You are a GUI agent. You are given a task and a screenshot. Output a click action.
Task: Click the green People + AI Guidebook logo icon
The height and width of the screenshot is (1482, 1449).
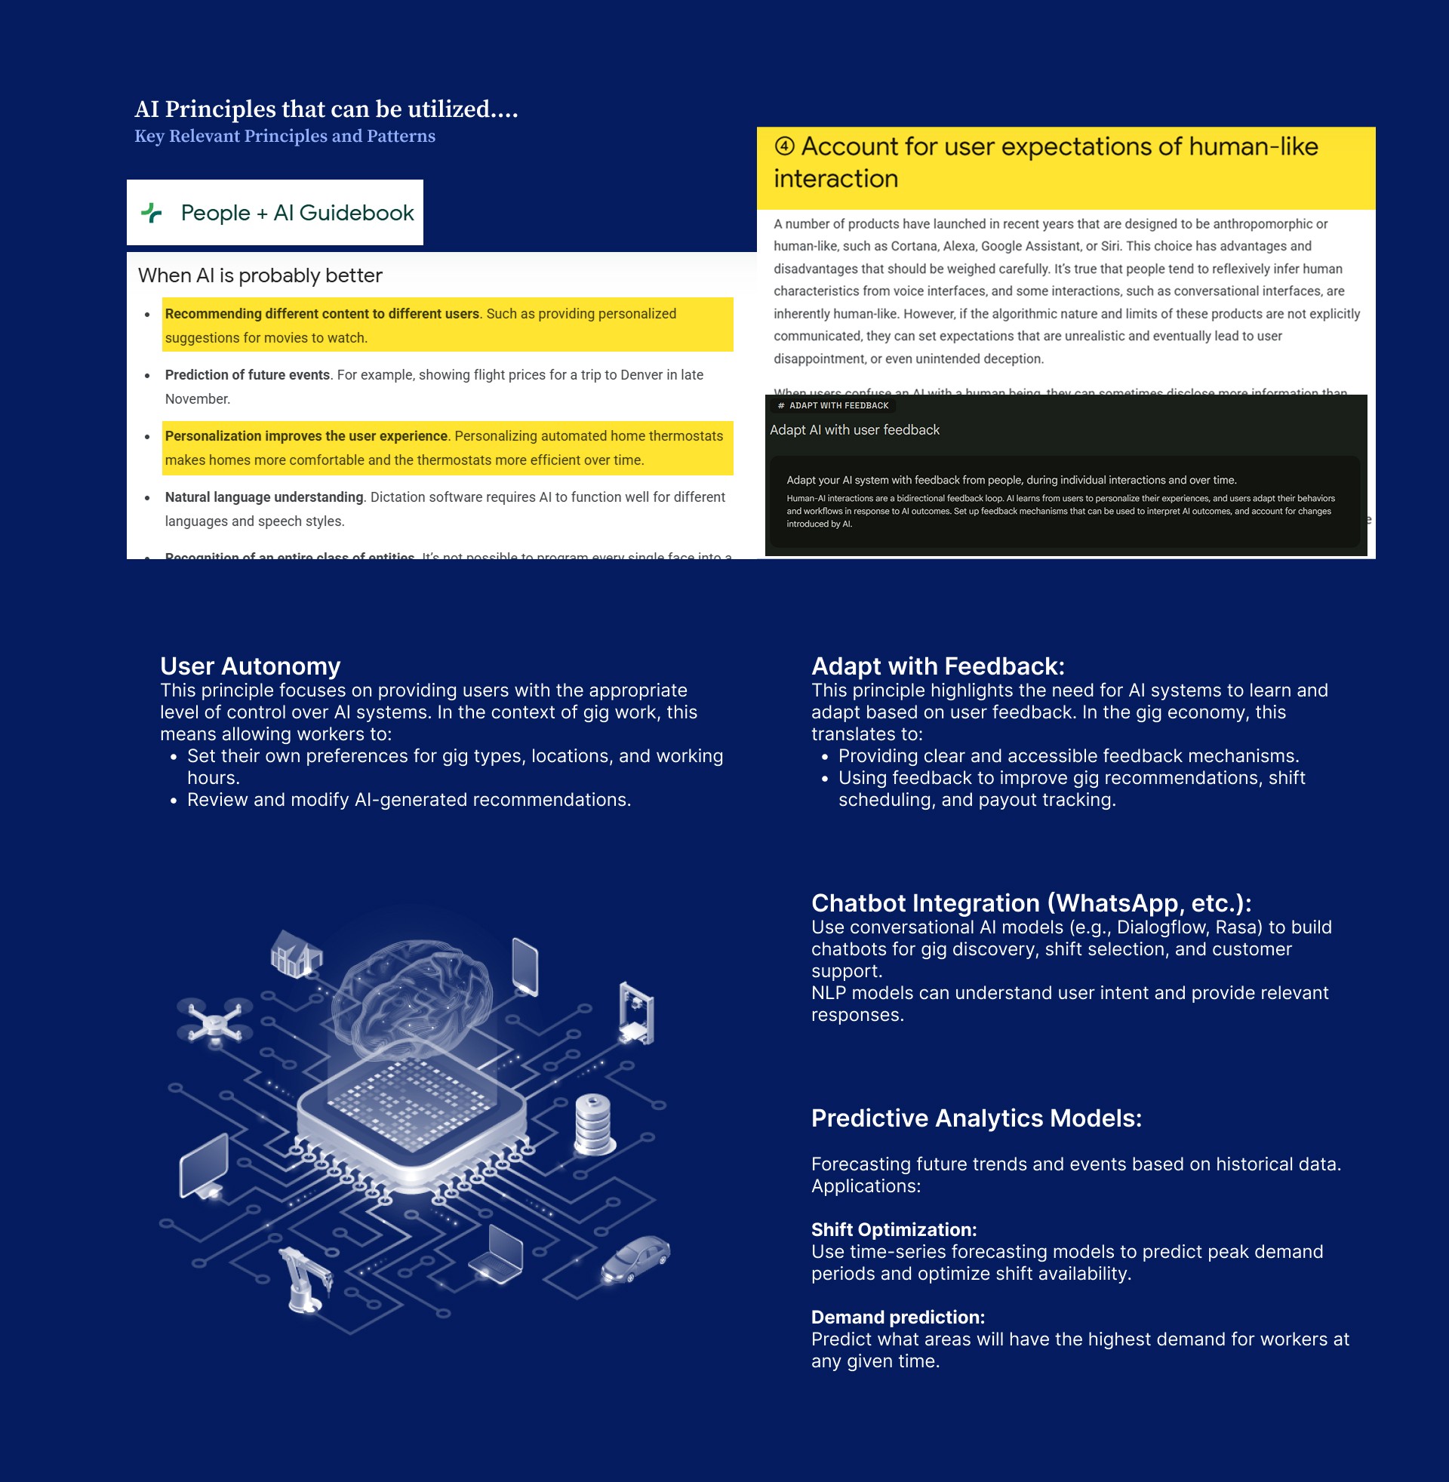pos(152,213)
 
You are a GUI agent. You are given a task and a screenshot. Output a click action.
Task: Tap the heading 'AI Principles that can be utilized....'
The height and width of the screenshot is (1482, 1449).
pos(326,109)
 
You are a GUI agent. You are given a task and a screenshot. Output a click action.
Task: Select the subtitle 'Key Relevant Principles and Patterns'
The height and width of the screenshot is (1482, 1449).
pos(285,136)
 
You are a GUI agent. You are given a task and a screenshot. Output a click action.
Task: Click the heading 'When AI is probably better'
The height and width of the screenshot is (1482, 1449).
pos(260,275)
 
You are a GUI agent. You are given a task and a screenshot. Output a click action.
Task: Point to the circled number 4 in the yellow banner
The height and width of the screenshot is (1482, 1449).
pos(784,146)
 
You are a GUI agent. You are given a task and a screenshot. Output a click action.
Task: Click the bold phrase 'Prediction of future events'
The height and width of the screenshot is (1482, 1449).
pos(248,375)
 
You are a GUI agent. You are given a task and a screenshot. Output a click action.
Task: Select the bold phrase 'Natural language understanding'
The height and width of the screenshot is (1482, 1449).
pos(264,497)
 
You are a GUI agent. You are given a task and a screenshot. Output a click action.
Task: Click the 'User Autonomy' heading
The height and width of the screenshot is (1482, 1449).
pos(250,666)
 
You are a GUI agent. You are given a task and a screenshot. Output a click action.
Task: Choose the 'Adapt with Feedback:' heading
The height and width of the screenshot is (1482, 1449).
pos(937,666)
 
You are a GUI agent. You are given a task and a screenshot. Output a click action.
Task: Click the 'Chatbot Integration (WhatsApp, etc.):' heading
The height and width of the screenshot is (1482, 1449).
pos(1031,903)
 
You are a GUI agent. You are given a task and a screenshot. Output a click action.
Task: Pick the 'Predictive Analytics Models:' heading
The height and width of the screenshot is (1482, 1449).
pos(977,1118)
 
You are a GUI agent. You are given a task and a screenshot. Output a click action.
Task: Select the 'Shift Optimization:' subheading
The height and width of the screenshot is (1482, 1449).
pos(894,1230)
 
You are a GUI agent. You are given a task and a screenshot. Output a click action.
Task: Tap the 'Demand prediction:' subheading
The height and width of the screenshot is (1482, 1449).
pos(898,1318)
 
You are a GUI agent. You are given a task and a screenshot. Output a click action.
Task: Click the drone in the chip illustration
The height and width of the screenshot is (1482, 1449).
pos(214,1019)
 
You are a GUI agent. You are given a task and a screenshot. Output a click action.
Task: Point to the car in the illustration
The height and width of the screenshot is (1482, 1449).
pos(635,1259)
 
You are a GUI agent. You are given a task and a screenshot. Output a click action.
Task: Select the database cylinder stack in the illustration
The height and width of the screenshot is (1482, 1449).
pos(594,1124)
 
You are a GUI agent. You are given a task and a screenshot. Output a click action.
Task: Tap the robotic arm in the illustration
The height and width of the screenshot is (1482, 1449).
pos(306,1280)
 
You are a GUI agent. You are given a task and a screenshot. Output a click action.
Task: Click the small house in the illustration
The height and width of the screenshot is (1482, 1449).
pos(297,952)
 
